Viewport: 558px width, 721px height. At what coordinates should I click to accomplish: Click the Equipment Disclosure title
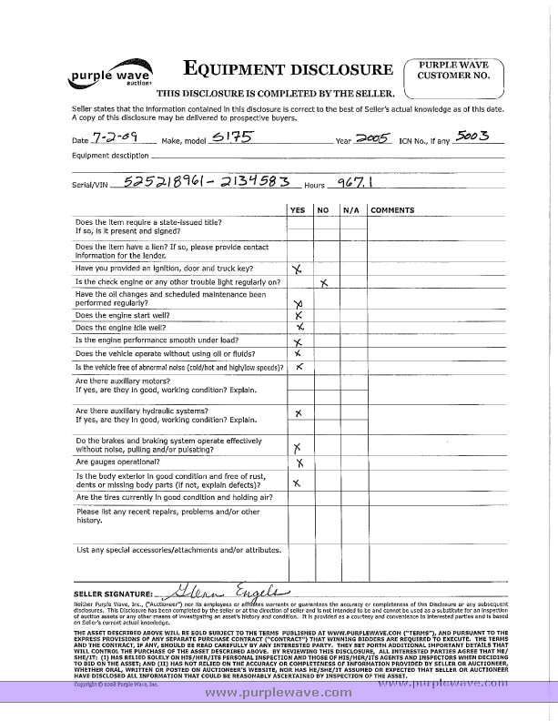(x=289, y=69)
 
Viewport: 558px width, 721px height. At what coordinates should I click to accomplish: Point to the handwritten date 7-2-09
(x=110, y=138)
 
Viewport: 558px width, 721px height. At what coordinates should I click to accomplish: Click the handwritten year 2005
(x=370, y=138)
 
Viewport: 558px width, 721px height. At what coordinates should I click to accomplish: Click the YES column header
(x=297, y=209)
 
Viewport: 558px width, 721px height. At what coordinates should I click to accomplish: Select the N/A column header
(x=350, y=209)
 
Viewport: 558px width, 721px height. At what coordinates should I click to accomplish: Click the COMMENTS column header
(x=392, y=209)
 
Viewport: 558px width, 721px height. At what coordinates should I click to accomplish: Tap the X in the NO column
(x=323, y=283)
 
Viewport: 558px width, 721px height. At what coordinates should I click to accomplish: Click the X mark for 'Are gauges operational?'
(x=299, y=462)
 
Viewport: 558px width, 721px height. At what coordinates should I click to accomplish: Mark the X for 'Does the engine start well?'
(x=298, y=315)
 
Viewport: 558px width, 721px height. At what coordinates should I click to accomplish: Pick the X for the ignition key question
(x=297, y=269)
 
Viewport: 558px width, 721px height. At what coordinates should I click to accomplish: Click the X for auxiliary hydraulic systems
(x=299, y=412)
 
